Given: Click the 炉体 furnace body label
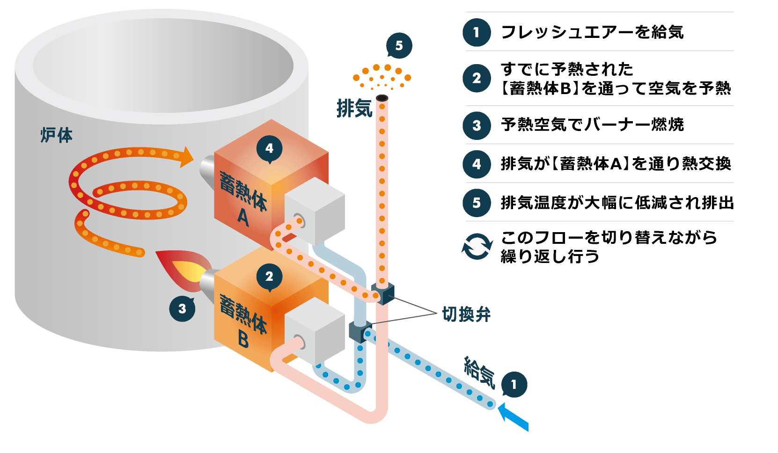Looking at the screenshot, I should pos(56,135).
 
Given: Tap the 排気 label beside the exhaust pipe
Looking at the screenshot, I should pos(354,109).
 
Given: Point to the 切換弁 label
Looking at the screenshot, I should pos(466,314).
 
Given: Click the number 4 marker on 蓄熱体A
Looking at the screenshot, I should pos(269,148).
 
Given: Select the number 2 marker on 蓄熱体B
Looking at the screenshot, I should pos(269,277).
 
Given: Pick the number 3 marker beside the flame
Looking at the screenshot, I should pos(182,308).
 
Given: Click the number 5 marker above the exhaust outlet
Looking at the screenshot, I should pos(399,45).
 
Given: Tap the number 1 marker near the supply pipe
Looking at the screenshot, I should pos(514,385).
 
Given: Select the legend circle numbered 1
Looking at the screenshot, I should pos(477,32).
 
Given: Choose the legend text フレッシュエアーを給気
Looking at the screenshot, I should pos(592,32).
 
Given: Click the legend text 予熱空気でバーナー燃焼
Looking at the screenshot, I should pos(592,125).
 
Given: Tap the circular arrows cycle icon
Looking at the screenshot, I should pos(477,247).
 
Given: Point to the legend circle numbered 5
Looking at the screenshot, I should pos(477,203).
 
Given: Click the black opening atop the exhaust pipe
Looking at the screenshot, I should pos(382,98).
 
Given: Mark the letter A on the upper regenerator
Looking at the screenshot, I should pos(243,217).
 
